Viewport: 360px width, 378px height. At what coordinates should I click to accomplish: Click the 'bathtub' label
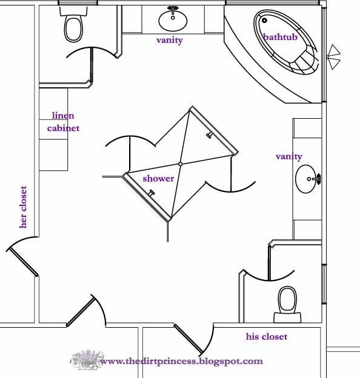280,37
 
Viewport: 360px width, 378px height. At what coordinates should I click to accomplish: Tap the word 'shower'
158,178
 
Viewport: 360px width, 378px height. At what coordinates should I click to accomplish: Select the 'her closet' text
23,207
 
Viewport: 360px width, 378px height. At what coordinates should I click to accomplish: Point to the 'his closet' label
267,336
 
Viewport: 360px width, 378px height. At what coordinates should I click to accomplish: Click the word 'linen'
63,116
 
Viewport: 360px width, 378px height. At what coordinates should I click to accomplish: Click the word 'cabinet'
63,128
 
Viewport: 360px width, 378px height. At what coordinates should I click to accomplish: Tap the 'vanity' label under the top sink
170,40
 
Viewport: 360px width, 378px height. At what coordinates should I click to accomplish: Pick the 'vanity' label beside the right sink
289,157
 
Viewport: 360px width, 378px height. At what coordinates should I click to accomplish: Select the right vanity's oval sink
305,179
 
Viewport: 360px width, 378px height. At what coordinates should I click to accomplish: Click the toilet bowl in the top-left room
73,29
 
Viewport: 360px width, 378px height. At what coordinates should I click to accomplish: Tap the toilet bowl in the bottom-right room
287,299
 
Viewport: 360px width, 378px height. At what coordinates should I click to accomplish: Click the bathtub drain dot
264,20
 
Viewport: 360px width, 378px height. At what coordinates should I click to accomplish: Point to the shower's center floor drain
180,164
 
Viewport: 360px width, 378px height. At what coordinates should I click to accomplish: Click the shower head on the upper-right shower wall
209,135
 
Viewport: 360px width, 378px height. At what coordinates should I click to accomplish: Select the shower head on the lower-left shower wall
151,193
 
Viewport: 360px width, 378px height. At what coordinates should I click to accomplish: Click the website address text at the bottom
182,361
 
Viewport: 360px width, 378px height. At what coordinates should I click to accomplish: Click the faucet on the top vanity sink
173,11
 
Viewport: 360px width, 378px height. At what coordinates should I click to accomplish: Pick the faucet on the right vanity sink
316,179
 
